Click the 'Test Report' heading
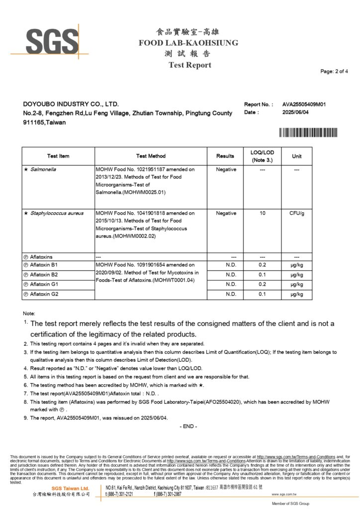pyautogui.click(x=189, y=65)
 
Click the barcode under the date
pyautogui.click(x=308, y=132)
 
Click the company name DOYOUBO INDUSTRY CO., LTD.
pyautogui.click(x=71, y=104)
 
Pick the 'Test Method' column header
pyautogui.click(x=151, y=156)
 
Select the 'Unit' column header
pyautogui.click(x=296, y=156)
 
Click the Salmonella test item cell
pyautogui.click(x=43, y=170)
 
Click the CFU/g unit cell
pyautogui.click(x=296, y=213)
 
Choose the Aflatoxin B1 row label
pyautogui.click(x=44, y=265)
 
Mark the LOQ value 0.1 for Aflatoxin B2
pyautogui.click(x=263, y=275)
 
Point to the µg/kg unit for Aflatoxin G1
pyautogui.click(x=296, y=284)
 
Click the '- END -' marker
pyautogui.click(x=188, y=426)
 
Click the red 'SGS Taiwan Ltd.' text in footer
pyautogui.click(x=71, y=489)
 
